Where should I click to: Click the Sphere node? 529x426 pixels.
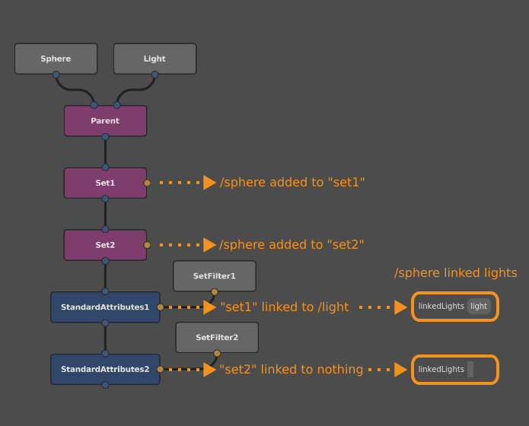coord(56,59)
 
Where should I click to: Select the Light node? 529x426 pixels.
coord(155,59)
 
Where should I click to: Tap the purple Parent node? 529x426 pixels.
coord(105,121)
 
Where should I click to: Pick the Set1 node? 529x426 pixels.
coord(105,183)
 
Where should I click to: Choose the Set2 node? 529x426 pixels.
coord(105,245)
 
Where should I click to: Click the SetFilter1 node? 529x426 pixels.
coord(215,276)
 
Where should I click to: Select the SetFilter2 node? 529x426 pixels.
coord(217,337)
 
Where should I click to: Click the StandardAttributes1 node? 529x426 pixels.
coord(105,307)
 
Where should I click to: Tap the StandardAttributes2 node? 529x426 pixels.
coord(105,369)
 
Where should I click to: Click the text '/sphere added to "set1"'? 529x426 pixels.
coord(292,183)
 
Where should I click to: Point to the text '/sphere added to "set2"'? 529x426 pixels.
coord(292,245)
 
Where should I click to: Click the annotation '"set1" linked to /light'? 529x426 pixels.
coord(284,307)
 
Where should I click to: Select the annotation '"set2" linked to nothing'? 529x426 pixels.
coord(291,370)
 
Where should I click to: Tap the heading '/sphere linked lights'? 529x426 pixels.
coord(455,273)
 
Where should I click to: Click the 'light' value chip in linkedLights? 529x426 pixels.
coord(479,307)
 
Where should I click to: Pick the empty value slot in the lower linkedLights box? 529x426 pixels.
coord(470,370)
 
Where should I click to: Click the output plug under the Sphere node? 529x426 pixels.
coord(56,75)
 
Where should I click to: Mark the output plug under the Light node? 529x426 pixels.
coord(155,75)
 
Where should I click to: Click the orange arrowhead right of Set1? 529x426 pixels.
coord(210,183)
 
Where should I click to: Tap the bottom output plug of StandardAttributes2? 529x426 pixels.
coord(105,385)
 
